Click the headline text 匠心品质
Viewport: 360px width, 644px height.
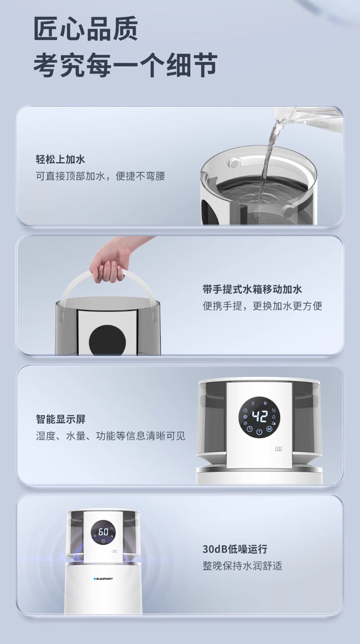[86, 29]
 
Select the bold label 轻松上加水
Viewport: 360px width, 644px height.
[61, 159]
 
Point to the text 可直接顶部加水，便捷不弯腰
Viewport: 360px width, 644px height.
[101, 176]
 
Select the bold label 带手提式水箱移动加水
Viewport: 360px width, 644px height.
[252, 289]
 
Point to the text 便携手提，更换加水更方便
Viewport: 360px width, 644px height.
[262, 306]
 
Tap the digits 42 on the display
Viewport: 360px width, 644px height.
[260, 416]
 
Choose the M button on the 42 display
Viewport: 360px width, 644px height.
[269, 429]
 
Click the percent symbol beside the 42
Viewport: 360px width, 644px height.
[274, 410]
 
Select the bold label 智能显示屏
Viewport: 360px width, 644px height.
[61, 419]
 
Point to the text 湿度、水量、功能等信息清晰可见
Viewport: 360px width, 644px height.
[110, 436]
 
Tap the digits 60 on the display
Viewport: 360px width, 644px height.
[103, 532]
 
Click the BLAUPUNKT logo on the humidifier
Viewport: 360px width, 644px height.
[103, 579]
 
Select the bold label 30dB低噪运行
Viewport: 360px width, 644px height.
[235, 549]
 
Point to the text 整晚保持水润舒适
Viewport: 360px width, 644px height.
[242, 566]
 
